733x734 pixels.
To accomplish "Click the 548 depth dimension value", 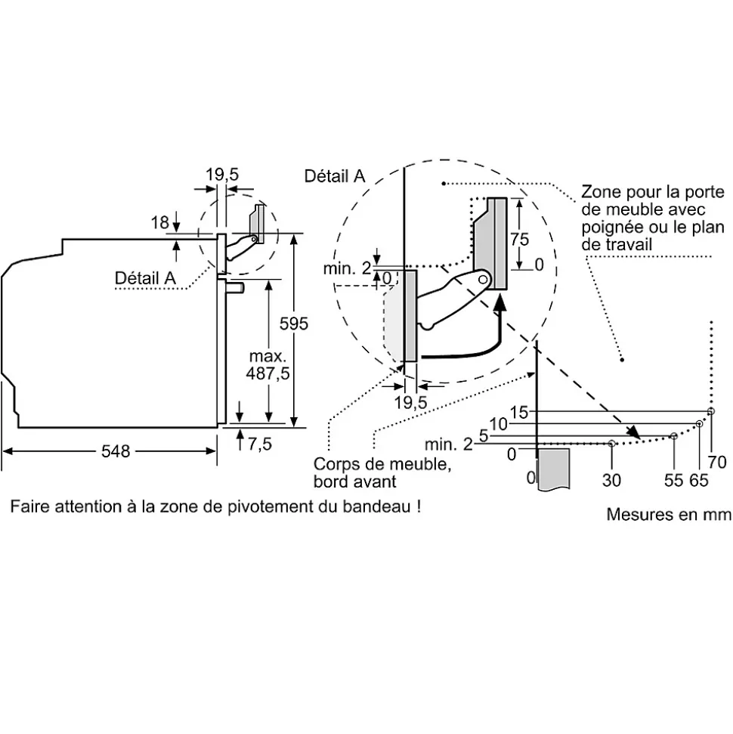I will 116,451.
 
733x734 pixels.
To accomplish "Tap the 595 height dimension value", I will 294,324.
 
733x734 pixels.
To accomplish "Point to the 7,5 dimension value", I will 259,444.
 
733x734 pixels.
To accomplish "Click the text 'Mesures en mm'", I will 668,515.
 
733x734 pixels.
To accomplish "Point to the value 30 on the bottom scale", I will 611,479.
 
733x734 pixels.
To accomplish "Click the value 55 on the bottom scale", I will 673,479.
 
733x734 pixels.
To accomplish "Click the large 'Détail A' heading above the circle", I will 334,176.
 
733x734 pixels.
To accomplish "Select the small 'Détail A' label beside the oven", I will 145,277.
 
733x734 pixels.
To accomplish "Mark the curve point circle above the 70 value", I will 710,411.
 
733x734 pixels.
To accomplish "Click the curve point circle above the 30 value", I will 611,444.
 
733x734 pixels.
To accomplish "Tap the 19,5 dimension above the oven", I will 222,175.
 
